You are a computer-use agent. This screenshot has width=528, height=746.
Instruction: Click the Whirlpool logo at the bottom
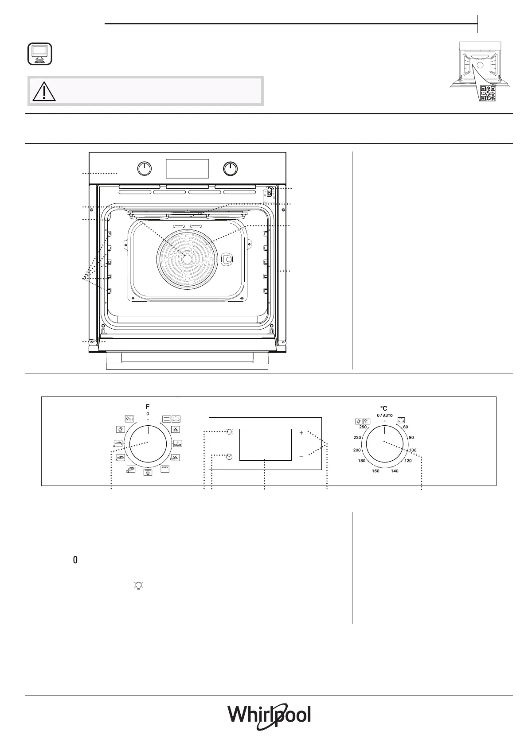269,715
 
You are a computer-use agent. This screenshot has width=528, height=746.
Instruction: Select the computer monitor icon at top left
39,54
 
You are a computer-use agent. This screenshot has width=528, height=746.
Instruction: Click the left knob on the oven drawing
145,169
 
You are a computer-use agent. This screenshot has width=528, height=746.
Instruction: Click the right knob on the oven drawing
230,169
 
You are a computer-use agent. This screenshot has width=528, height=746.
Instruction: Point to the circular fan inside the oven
187,259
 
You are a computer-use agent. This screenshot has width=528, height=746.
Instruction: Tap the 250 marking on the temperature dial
363,427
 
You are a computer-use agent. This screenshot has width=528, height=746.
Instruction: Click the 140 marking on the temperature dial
395,471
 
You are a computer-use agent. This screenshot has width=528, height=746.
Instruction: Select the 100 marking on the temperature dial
413,450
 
